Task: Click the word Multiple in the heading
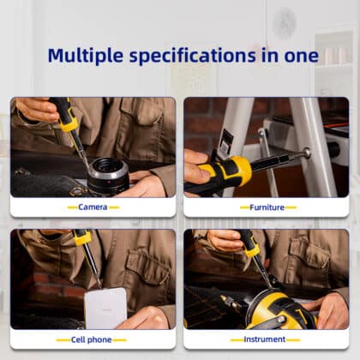tap(86, 56)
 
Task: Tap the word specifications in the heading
tap(193, 56)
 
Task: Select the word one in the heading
tap(302, 56)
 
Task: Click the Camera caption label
tap(93, 207)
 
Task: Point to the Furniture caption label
tap(267, 207)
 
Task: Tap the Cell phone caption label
tap(91, 339)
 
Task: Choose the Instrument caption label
tap(265, 339)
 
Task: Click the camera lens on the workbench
tap(109, 175)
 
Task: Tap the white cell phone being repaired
tap(105, 308)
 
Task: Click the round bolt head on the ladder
tap(307, 153)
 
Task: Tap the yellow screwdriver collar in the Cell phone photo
tap(83, 237)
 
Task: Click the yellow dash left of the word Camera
tap(73, 207)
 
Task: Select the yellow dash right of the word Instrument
tap(293, 339)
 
